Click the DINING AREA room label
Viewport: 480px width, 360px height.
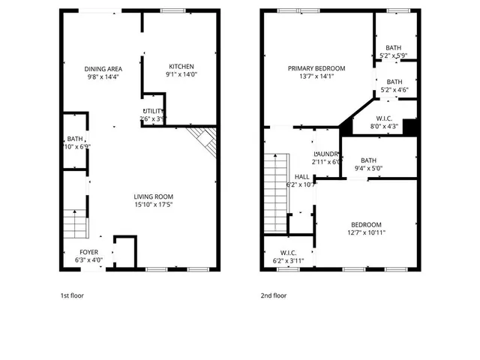102,68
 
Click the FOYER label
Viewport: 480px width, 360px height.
89,252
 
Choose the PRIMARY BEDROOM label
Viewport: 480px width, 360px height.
317,68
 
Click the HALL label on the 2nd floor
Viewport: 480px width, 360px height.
301,176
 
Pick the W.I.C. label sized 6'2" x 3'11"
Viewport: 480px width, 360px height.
289,253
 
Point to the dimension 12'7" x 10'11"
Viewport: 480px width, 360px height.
366,233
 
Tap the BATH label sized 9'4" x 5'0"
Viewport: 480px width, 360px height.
368,160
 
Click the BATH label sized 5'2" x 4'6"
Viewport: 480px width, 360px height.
394,82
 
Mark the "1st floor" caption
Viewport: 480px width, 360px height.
72,295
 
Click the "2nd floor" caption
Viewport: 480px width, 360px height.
274,295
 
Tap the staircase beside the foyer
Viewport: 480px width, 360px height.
74,223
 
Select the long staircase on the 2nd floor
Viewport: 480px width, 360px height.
274,191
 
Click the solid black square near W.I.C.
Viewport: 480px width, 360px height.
410,127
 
